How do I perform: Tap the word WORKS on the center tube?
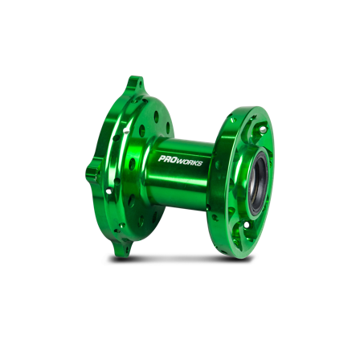[x=190, y=162]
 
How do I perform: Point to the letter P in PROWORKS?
[x=162, y=158]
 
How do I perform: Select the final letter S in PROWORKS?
[x=200, y=164]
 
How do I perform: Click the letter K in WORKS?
[x=195, y=163]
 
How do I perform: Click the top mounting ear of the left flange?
[x=135, y=84]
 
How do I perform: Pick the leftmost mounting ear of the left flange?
[x=92, y=171]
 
